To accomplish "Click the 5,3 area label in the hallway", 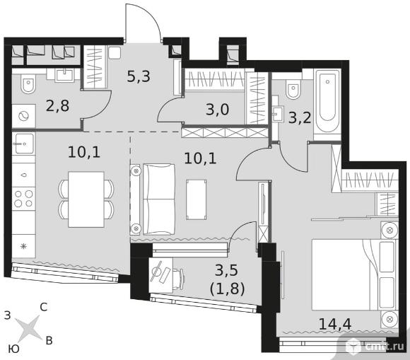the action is (139, 76).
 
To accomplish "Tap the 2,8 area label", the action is (57, 106).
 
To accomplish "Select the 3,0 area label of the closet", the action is (218, 109).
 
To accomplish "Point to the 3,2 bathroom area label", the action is (300, 117).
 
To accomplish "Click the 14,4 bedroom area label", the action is (335, 324).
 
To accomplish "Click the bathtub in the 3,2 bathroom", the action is (327, 102).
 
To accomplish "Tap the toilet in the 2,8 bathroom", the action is (28, 83).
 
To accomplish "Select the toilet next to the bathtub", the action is (293, 89).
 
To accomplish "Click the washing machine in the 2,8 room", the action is (23, 116).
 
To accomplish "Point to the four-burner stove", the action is (23, 198).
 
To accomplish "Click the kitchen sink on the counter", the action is (24, 144).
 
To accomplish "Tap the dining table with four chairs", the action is (86, 199).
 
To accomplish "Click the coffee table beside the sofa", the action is (196, 199).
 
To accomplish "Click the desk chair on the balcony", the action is (179, 279).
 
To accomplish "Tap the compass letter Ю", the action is (13, 349).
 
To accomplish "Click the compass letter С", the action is (44, 307).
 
